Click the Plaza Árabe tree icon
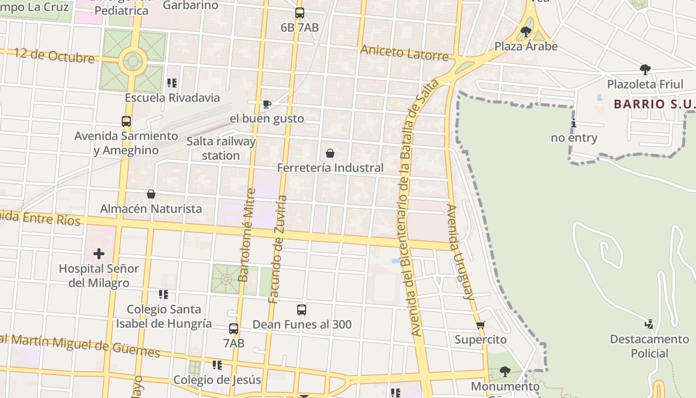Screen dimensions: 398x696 [525, 32]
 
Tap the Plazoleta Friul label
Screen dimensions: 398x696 [645, 84]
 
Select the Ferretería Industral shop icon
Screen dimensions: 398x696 [330, 153]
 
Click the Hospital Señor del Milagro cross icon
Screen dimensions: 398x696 [99, 254]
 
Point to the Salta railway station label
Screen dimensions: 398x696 [221, 148]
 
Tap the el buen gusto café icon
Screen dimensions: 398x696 [266, 104]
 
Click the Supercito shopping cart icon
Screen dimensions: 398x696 [480, 325]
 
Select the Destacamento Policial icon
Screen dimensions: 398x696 [649, 324]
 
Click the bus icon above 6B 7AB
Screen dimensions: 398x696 [299, 13]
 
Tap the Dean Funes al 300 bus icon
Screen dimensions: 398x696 [301, 310]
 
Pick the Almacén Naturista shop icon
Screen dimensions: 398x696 [151, 194]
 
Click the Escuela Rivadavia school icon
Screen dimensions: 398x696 [172, 83]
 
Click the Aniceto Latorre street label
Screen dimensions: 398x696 [404, 52]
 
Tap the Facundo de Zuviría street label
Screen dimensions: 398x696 [278, 249]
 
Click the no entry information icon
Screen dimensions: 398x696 [573, 123]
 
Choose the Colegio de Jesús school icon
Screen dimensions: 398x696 [217, 366]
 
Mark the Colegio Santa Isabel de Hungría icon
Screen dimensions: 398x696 [163, 295]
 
